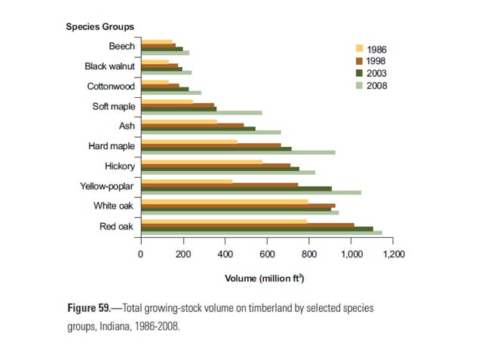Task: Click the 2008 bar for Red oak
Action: point(262,233)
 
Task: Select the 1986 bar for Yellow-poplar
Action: point(187,182)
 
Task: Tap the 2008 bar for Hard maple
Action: point(238,152)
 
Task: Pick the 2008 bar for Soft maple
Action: point(201,113)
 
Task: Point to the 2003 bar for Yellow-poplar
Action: point(236,188)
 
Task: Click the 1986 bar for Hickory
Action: point(201,161)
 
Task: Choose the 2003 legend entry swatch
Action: point(360,73)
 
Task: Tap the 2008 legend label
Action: point(378,85)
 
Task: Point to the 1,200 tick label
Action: point(393,255)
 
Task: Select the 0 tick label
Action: point(140,255)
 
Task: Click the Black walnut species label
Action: point(109,67)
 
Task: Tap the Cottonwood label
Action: point(111,87)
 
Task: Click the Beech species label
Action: point(122,47)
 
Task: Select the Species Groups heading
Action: point(100,27)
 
